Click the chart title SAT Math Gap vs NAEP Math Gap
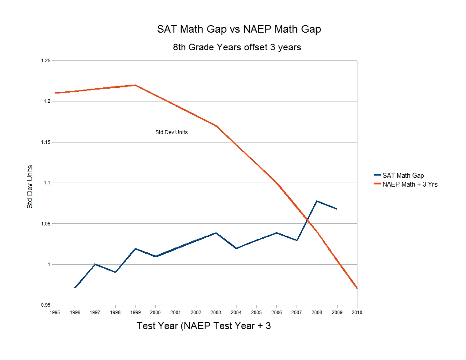[x=239, y=30]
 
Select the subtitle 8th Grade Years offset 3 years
[x=237, y=47]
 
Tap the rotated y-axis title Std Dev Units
[x=30, y=187]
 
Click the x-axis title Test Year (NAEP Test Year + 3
[x=203, y=326]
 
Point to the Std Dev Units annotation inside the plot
[x=171, y=132]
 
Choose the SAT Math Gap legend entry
[x=403, y=176]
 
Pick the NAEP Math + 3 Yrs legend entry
[x=410, y=184]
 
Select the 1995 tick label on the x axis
[x=55, y=312]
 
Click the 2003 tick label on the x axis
[x=216, y=312]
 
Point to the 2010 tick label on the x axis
[x=357, y=312]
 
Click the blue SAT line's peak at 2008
[x=317, y=201]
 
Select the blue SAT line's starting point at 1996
[x=75, y=288]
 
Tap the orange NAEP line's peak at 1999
[x=135, y=85]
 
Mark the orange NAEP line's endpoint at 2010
[x=357, y=288]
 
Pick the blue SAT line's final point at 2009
[x=337, y=209]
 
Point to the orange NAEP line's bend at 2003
[x=216, y=126]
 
